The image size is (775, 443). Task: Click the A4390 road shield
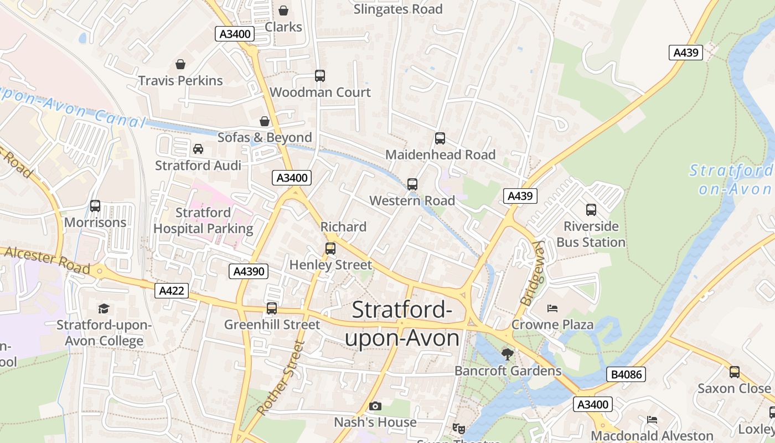coord(249,271)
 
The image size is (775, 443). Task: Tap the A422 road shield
coord(172,291)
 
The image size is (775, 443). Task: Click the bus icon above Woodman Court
coord(320,76)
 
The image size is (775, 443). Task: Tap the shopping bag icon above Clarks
coord(283,11)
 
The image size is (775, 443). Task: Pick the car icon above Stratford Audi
coord(198,149)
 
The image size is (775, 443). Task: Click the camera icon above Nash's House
coord(375,406)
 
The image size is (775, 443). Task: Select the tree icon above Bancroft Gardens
coord(507,354)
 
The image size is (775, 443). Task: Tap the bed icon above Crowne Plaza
coord(552,308)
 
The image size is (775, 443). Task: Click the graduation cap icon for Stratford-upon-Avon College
coord(104,308)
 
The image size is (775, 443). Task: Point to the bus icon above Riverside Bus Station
coord(591,210)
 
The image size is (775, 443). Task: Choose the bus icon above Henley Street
coord(330,249)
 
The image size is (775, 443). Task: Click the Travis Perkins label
coord(180,80)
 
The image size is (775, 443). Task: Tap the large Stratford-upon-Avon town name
coord(402,324)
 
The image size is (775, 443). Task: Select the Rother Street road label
coord(281,378)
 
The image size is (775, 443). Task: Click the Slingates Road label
coord(397,9)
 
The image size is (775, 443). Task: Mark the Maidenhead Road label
coord(440,154)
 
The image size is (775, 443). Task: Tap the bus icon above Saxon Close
coord(734,372)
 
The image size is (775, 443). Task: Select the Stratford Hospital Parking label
coord(203,220)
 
